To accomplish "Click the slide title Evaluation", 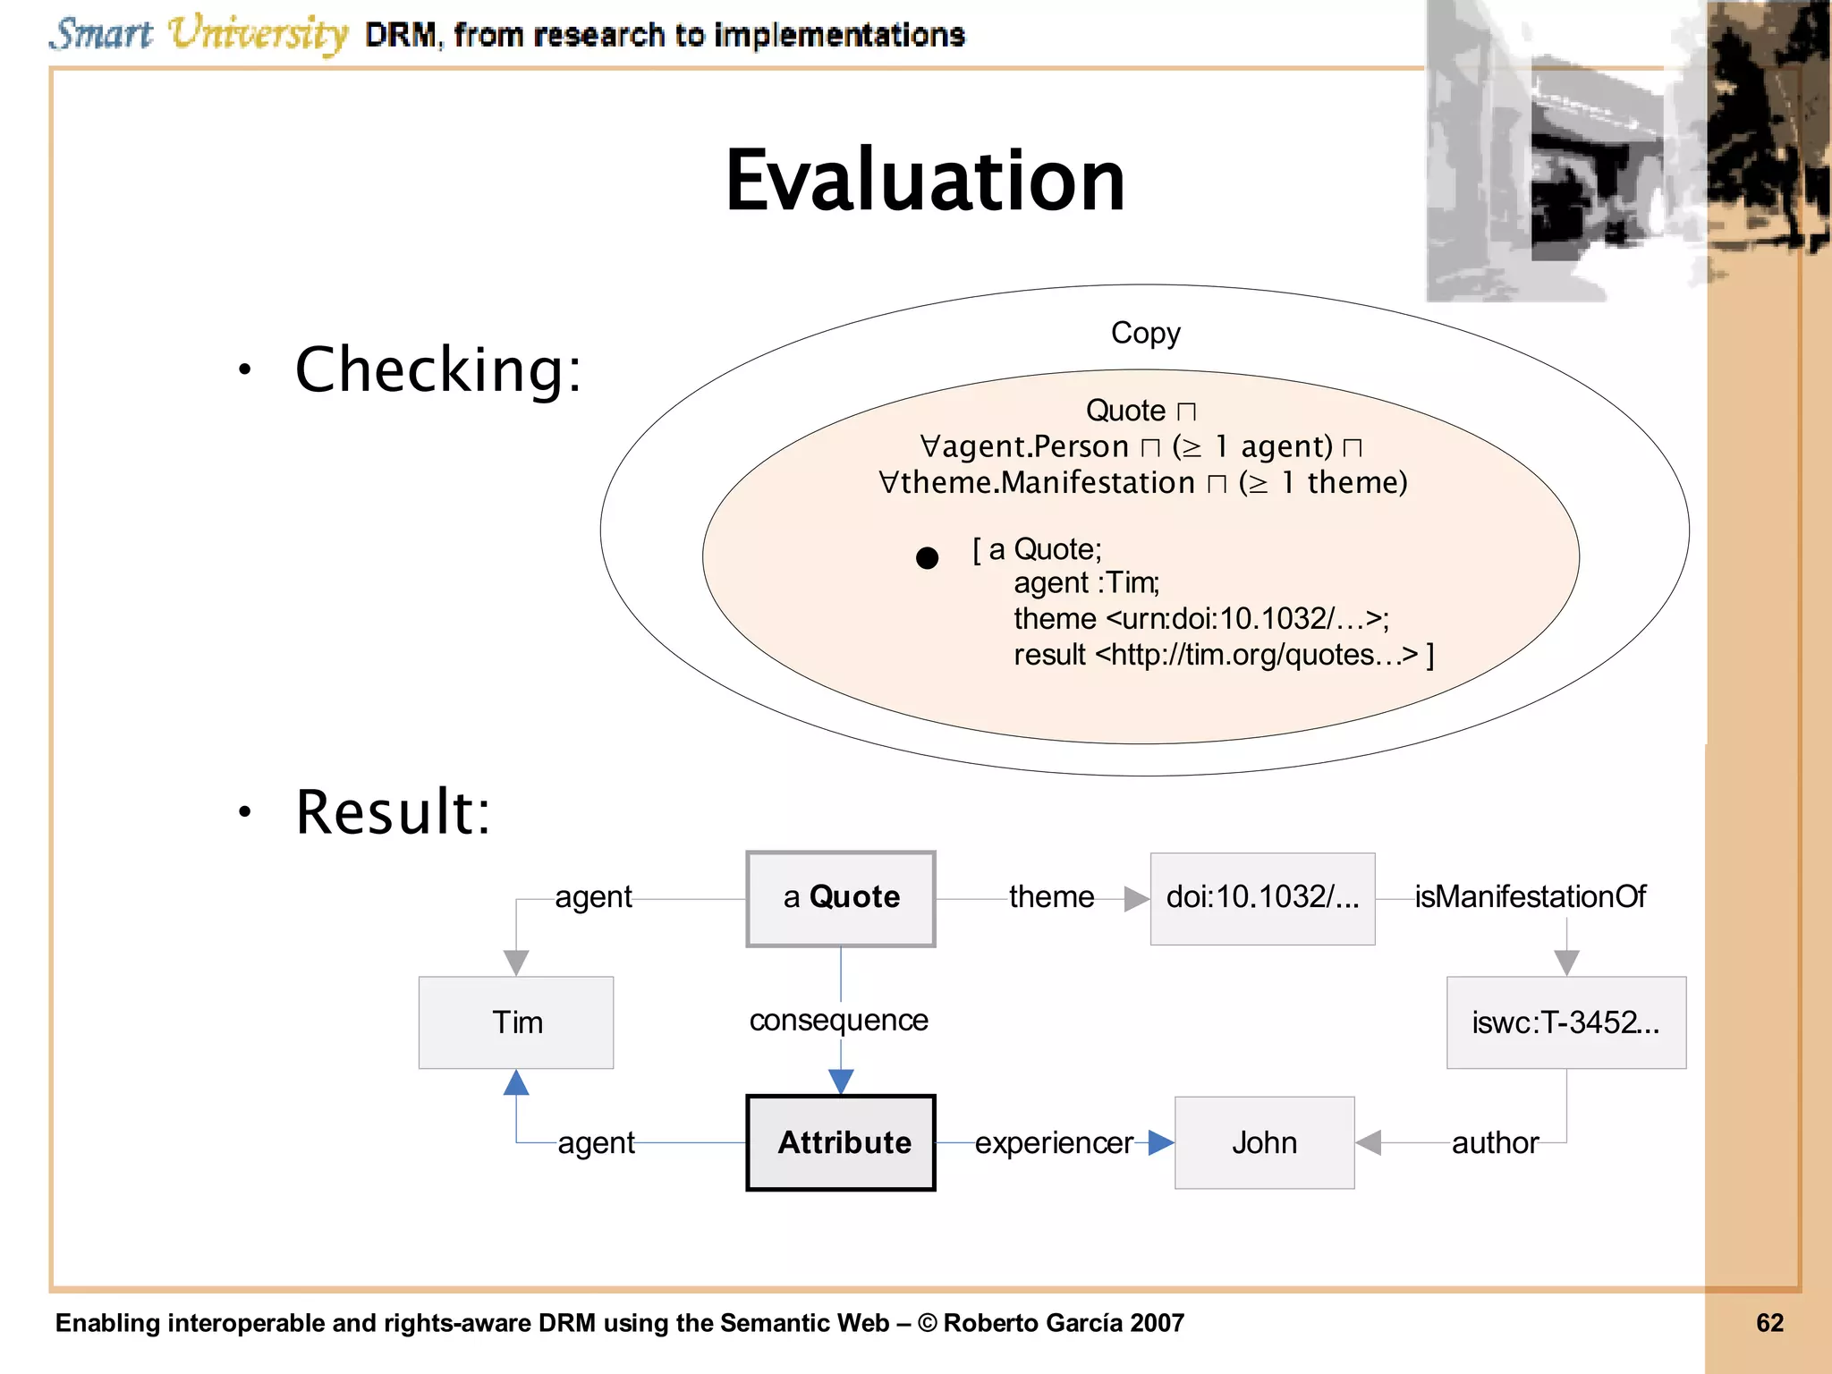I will click(x=925, y=182).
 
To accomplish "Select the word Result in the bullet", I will click(x=392, y=812).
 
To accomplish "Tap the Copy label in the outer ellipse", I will click(x=1145, y=333).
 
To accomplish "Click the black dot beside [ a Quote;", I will click(x=928, y=558).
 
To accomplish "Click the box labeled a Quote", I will click(x=841, y=898).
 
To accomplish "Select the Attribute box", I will click(x=841, y=1142).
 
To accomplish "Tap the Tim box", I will click(x=516, y=1022).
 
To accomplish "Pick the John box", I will click(x=1264, y=1142).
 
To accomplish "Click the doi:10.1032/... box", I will click(x=1262, y=898).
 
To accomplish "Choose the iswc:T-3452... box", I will click(x=1565, y=1022).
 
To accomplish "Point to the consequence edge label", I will click(x=838, y=1020).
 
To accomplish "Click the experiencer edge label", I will click(x=1054, y=1142).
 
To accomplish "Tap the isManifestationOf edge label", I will click(x=1530, y=896).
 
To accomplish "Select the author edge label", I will click(x=1495, y=1142).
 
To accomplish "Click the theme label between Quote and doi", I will click(x=1051, y=896).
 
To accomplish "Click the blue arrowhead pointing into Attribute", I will click(x=841, y=1081).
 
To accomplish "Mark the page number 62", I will click(x=1769, y=1323).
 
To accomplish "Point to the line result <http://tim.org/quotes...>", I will click(x=1222, y=655).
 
